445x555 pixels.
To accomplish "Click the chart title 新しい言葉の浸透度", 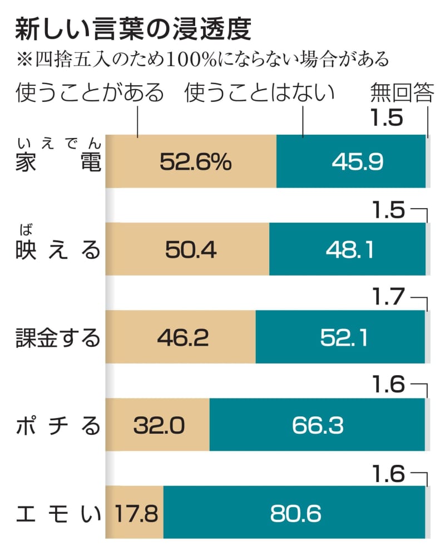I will [133, 30].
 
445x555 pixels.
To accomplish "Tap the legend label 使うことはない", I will [260, 94].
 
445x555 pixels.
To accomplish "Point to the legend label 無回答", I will [401, 94].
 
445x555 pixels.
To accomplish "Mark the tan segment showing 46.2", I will [181, 337].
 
